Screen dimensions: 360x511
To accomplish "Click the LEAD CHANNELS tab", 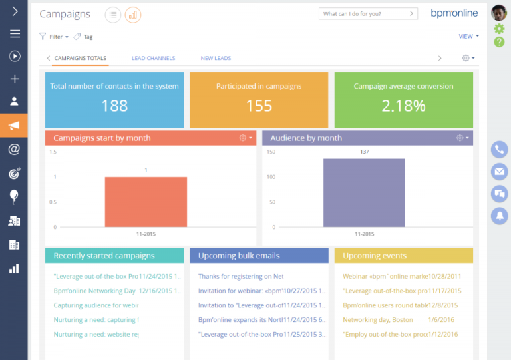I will [x=153, y=59].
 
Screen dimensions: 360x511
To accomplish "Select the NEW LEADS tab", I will [x=216, y=59].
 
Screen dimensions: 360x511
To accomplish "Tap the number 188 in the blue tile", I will [x=114, y=106].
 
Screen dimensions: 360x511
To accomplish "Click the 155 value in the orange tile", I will [x=259, y=106].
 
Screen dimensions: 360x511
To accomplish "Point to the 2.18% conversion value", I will [x=403, y=106].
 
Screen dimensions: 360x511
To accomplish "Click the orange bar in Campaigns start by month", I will [x=146, y=202].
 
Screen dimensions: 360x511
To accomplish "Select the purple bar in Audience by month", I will [x=364, y=192].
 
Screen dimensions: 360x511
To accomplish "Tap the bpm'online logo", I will [x=454, y=13].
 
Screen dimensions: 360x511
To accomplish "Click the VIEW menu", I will [x=466, y=37].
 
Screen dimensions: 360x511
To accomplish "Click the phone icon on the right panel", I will [x=499, y=150].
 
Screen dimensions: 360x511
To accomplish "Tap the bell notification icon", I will [x=499, y=216].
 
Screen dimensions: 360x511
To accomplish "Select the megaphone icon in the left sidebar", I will [x=14, y=125].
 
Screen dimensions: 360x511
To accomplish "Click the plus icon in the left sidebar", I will [x=14, y=79].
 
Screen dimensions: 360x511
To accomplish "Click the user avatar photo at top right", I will [x=499, y=13].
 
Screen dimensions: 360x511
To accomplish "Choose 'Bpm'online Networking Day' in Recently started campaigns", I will [x=94, y=291].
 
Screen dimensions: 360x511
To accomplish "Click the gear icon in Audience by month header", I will [x=460, y=138].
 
